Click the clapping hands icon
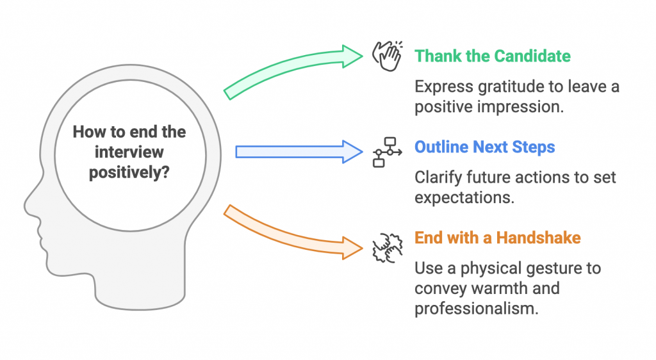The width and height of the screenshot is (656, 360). tap(388, 56)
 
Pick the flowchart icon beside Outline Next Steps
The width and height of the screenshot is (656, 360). tap(387, 151)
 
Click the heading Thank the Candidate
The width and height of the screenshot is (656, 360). tap(492, 56)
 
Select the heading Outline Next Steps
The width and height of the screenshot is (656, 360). tap(484, 147)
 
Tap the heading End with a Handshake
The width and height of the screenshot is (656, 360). tap(497, 238)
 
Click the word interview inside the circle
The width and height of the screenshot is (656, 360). tap(129, 152)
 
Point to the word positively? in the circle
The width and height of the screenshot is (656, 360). tap(129, 172)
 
